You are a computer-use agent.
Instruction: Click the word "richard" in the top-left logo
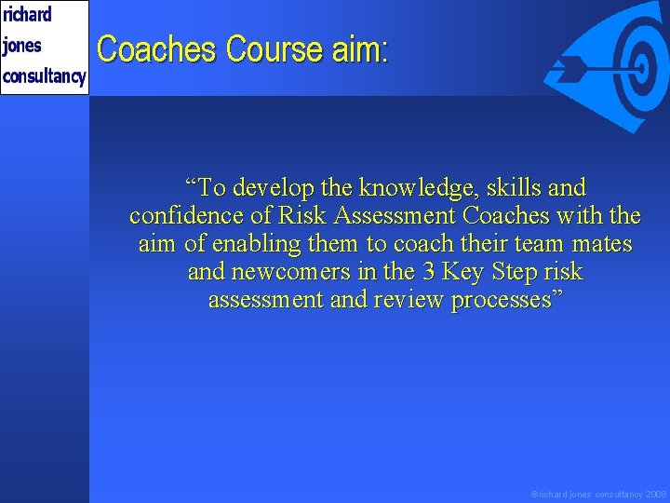click(x=27, y=15)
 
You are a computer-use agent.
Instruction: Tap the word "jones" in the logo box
click(x=22, y=46)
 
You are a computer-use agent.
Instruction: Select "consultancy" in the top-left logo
click(x=44, y=76)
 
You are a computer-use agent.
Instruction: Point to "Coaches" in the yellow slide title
click(x=157, y=49)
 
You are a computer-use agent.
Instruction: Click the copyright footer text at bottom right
click(x=598, y=495)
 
